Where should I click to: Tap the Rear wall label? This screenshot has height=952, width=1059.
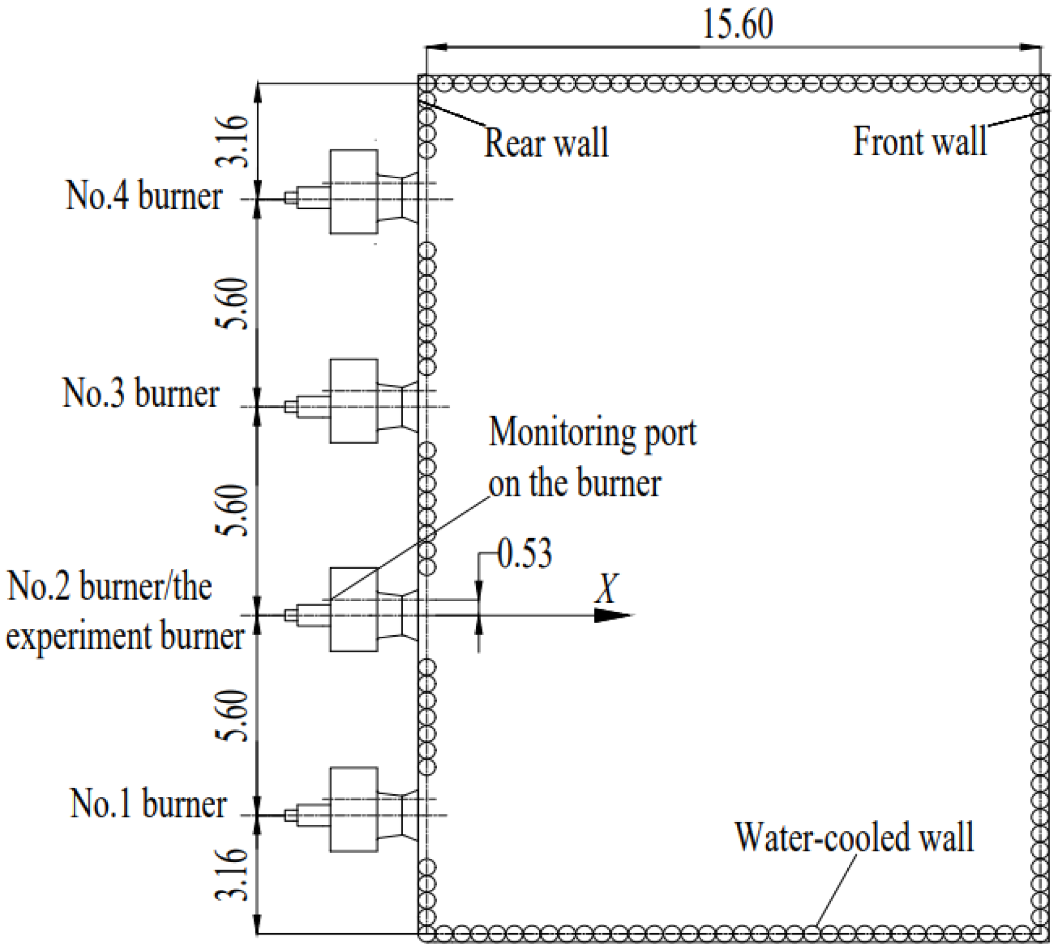(x=546, y=142)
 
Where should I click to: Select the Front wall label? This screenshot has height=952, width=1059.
(x=919, y=141)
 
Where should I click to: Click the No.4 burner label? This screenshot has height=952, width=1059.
(x=144, y=196)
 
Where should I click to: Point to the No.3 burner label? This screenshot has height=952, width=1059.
(x=141, y=393)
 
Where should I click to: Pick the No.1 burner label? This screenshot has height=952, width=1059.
(x=148, y=804)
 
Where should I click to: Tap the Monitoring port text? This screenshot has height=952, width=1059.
(x=592, y=432)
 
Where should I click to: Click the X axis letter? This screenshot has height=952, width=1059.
(x=608, y=589)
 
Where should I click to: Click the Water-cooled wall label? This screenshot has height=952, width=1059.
(x=854, y=837)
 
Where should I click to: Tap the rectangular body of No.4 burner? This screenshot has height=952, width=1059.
(x=354, y=191)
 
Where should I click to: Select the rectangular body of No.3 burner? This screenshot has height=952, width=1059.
(x=354, y=400)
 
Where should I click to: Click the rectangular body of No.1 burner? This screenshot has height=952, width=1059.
(x=354, y=809)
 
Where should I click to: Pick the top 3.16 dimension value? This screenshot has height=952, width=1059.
(x=231, y=141)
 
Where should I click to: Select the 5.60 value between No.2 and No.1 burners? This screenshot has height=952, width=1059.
(x=231, y=716)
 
